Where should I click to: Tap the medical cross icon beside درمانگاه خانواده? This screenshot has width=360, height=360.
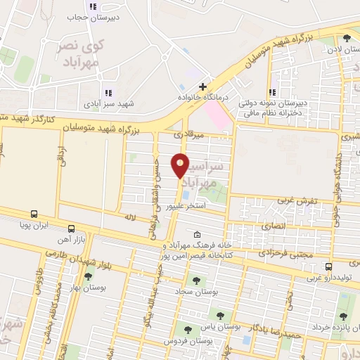203,86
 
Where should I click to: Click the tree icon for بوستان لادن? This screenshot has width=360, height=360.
345,39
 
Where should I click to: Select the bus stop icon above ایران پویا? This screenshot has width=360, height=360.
34,214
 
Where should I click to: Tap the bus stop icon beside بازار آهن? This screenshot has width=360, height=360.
71,229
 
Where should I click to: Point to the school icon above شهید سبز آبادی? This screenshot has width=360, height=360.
108,92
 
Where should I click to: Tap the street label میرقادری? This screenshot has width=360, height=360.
190,134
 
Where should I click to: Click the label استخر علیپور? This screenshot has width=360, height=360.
185,206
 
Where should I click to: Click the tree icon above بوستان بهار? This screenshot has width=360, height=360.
87,276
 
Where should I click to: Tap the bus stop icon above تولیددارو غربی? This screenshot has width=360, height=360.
328,266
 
